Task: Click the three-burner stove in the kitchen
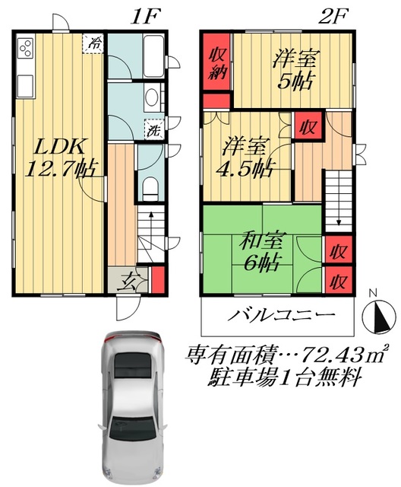(24, 49)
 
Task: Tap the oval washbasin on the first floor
(151, 97)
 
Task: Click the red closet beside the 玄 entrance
(157, 279)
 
